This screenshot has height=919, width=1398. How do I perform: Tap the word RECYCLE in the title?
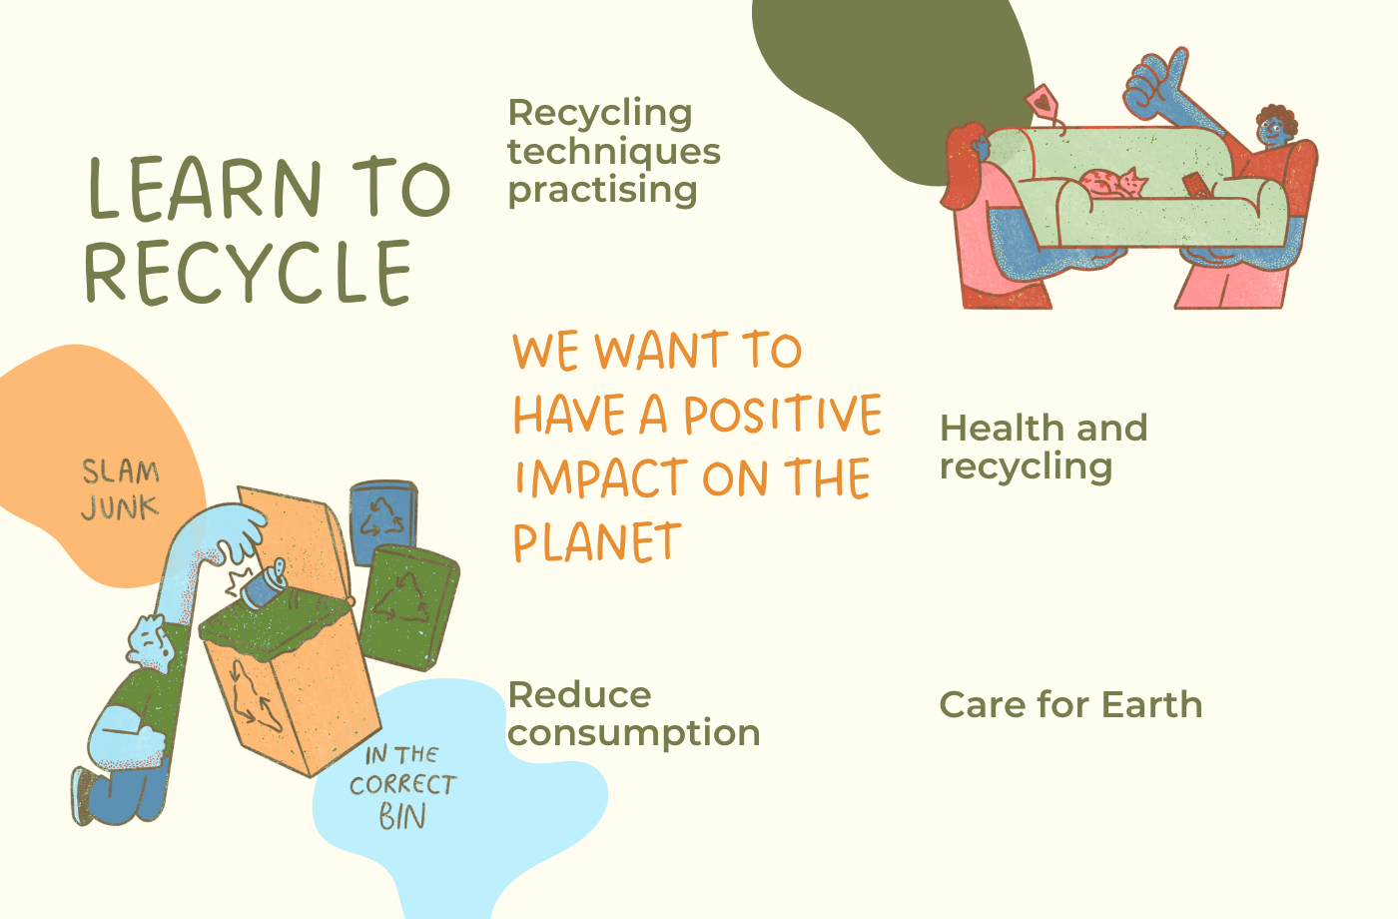click(x=248, y=273)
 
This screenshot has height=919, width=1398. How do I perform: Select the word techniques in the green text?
click(x=614, y=152)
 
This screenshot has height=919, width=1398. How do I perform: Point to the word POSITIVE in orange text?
click(x=783, y=414)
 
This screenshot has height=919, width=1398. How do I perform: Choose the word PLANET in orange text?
click(x=597, y=542)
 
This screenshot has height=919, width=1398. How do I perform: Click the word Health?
click(x=1003, y=429)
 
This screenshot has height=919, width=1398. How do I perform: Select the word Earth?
click(x=1151, y=705)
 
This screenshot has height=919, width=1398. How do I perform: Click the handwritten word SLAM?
click(x=121, y=471)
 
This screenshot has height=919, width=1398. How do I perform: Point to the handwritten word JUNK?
click(x=120, y=507)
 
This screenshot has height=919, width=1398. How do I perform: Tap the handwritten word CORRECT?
click(x=403, y=785)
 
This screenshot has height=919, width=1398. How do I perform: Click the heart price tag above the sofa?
click(x=1042, y=101)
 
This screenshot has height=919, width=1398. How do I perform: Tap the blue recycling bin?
click(x=383, y=520)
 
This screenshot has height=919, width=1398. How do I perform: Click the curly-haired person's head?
click(x=1275, y=127)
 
